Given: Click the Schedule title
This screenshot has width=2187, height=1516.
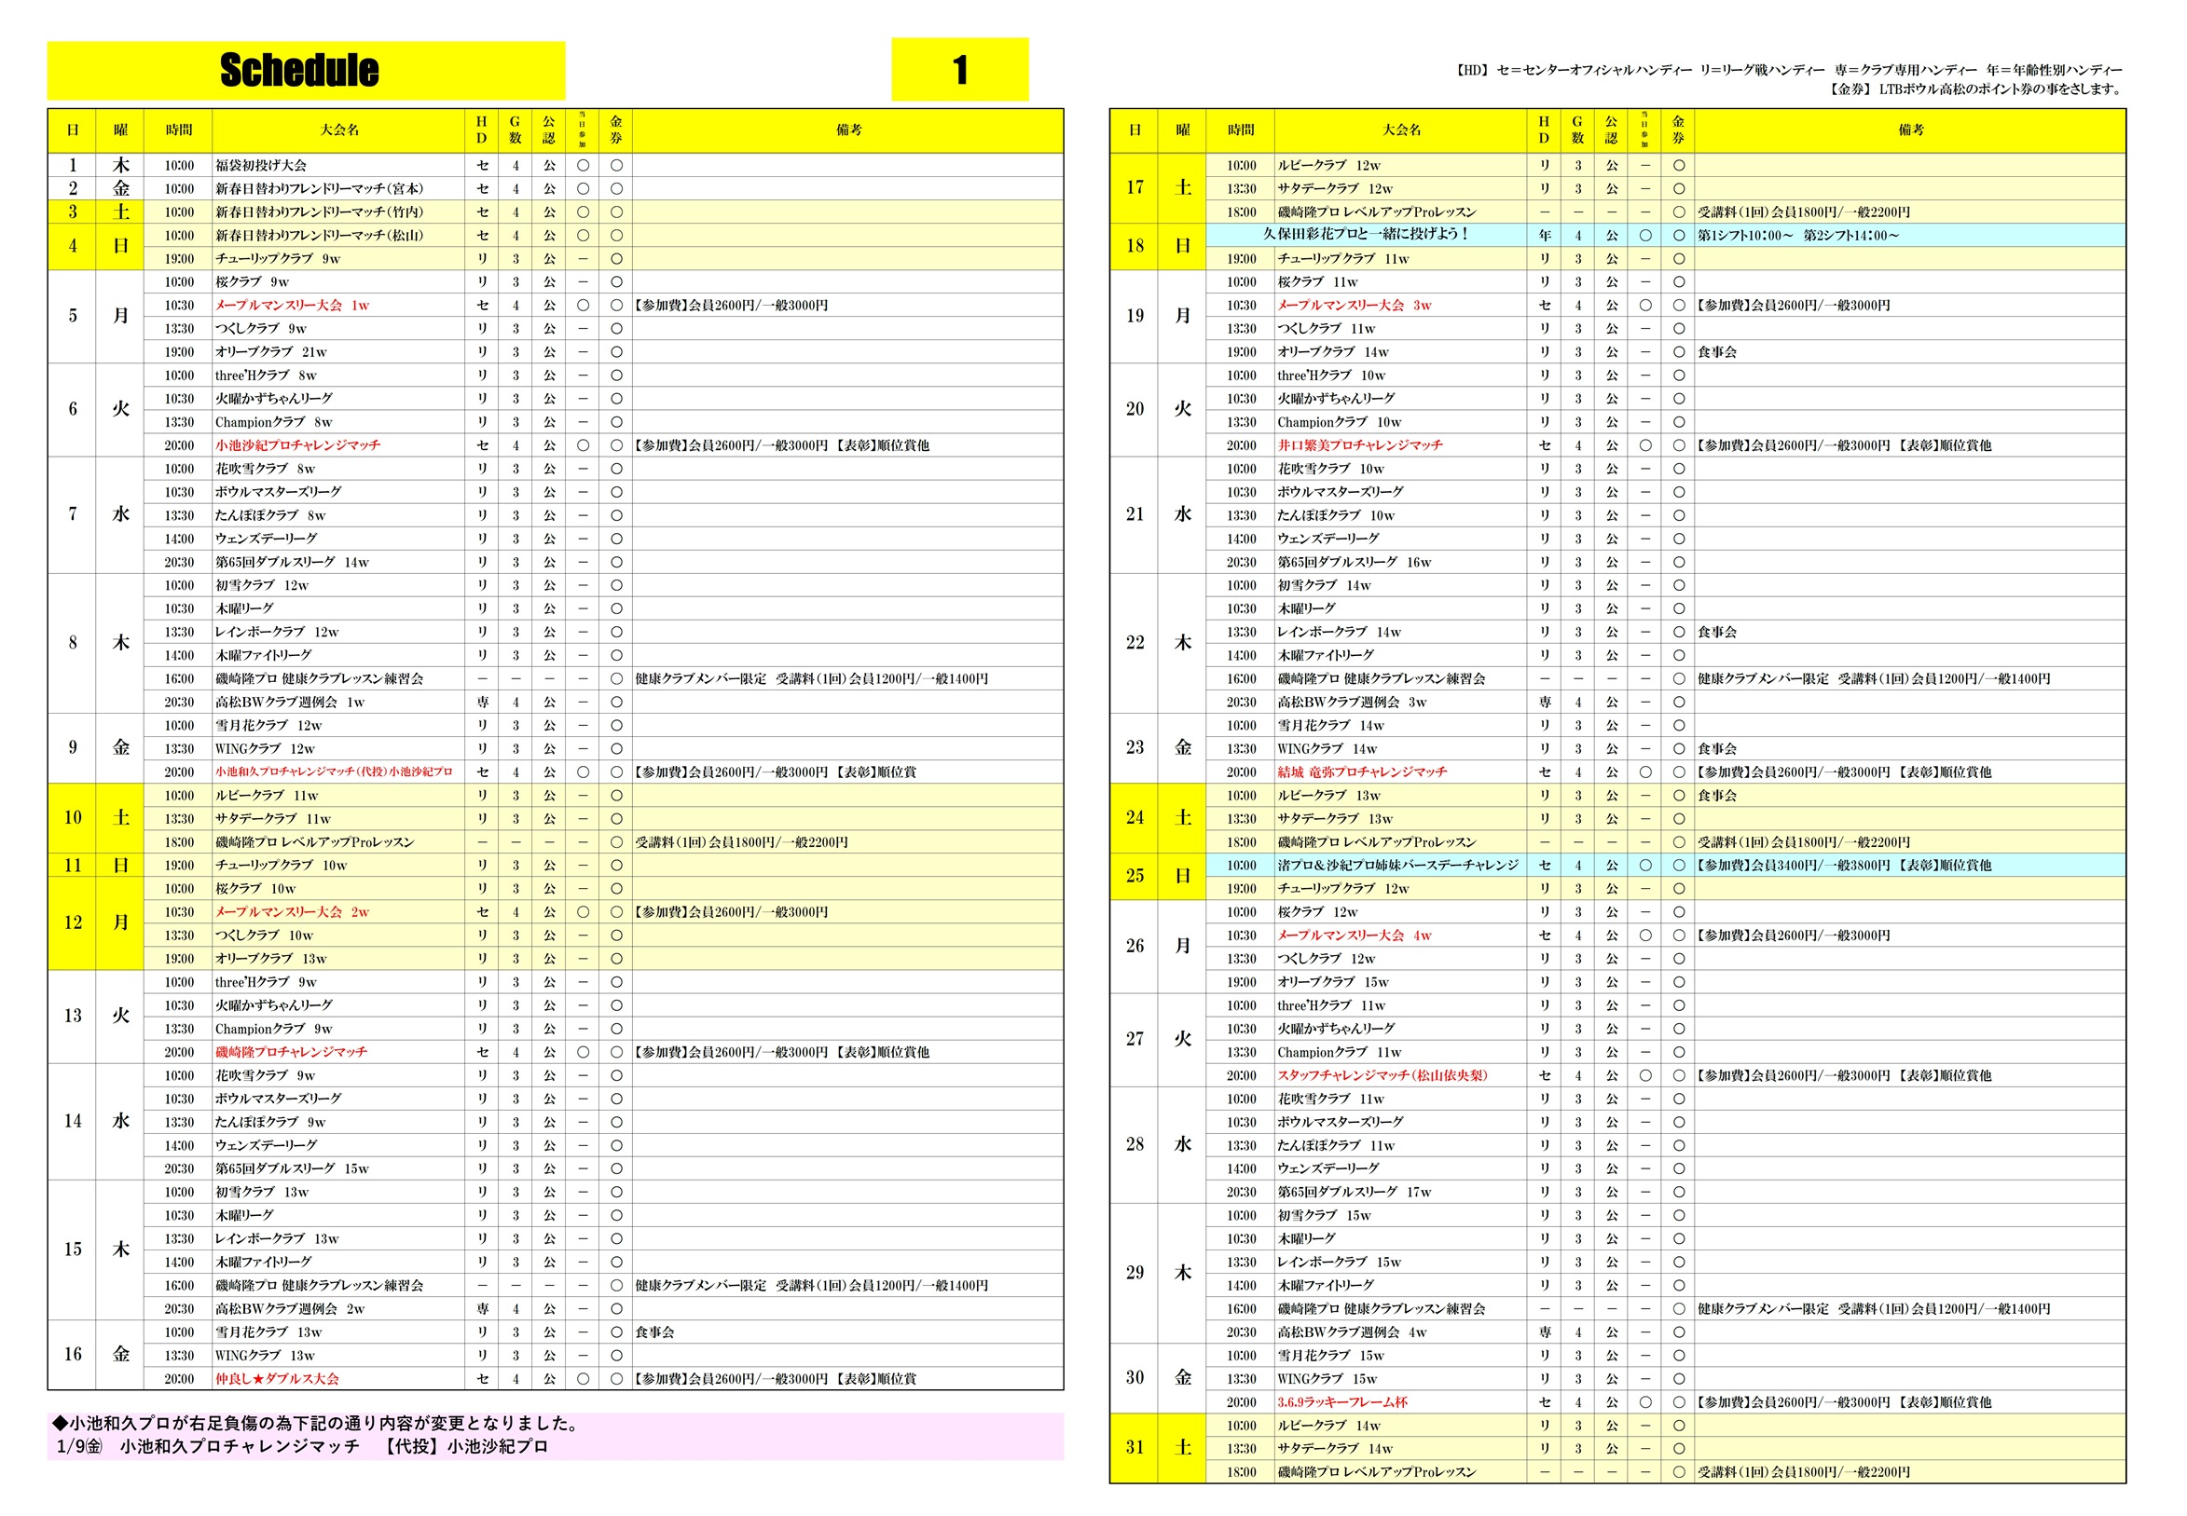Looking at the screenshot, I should (298, 70).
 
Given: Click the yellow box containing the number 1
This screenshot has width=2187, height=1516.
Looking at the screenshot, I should (959, 69).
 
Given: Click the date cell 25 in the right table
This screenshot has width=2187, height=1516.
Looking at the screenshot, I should (1134, 876).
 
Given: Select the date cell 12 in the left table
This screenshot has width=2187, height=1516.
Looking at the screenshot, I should (72, 922).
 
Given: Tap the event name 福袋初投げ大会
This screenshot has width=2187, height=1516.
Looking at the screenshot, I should (260, 165).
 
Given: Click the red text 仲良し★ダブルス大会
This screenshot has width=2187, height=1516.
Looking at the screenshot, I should (277, 1378).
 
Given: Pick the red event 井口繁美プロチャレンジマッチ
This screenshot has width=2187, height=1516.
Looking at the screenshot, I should (1358, 444).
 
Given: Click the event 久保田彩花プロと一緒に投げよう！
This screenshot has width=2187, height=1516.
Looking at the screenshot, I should (1365, 234).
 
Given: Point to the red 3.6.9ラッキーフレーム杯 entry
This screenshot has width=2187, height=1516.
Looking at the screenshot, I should (1341, 1402).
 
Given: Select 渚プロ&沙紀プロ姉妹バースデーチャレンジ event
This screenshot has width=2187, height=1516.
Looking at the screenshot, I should (1397, 866).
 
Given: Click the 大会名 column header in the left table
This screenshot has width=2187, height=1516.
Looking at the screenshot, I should (339, 130).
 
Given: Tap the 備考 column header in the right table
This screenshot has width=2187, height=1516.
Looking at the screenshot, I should (1909, 130).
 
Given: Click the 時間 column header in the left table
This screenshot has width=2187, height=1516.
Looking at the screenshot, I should (179, 130).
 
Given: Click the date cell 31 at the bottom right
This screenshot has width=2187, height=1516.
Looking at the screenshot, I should (1134, 1448).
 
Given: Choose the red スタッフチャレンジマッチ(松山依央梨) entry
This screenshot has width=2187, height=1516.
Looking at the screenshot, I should (1382, 1075).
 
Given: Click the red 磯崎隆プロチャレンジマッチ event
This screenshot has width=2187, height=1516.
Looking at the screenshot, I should (291, 1052).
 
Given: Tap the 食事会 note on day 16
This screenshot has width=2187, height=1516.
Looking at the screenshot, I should (654, 1332).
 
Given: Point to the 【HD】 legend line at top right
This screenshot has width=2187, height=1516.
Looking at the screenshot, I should (1787, 69).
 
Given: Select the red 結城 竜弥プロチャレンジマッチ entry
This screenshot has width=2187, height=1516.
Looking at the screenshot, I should (1361, 772).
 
